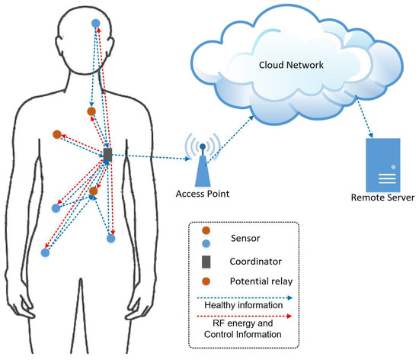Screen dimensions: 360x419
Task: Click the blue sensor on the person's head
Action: click(95, 24)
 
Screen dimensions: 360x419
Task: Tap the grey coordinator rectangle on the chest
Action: click(107, 156)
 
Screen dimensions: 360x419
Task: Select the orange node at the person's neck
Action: click(91, 112)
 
